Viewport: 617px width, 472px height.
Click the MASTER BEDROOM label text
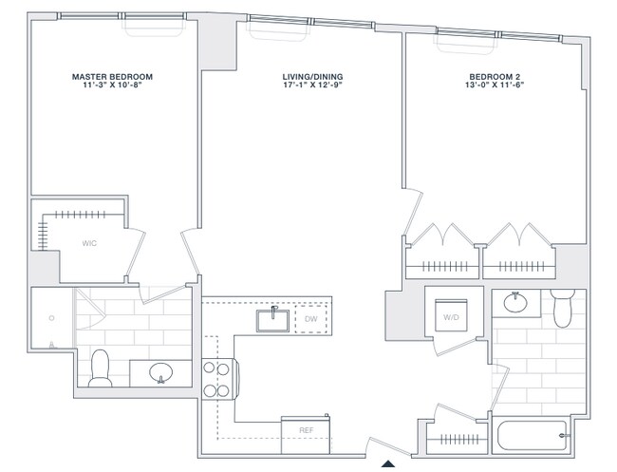click(113, 76)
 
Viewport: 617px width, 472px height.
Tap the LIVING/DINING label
click(312, 76)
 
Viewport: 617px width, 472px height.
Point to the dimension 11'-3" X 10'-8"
click(113, 85)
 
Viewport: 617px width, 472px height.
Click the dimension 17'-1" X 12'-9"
click(312, 85)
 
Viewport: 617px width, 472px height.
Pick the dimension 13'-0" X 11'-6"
click(495, 85)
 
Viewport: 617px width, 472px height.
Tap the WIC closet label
click(89, 243)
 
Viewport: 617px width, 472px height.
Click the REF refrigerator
click(306, 431)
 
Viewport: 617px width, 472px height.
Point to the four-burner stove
click(217, 377)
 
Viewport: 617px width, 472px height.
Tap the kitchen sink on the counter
click(273, 319)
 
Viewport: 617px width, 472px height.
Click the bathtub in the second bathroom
click(533, 437)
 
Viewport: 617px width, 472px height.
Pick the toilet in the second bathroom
click(563, 306)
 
